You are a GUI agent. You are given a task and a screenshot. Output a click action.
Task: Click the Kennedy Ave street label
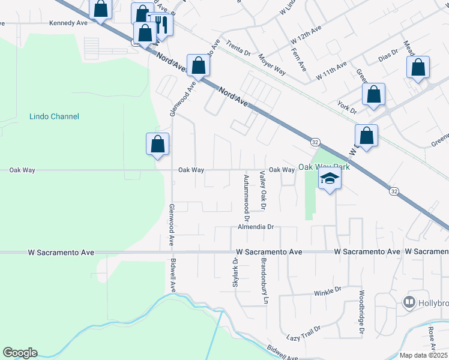(68, 23)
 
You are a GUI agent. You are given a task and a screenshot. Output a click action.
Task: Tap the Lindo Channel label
(54, 116)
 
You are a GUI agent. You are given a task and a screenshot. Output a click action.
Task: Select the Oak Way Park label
(324, 167)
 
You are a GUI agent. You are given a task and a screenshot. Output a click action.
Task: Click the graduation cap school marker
(329, 179)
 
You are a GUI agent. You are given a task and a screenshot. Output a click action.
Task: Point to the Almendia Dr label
(255, 227)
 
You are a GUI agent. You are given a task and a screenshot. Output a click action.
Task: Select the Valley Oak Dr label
(262, 190)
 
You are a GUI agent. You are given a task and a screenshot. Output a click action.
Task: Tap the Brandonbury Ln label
(262, 277)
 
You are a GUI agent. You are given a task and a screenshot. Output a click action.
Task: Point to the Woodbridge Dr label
(362, 313)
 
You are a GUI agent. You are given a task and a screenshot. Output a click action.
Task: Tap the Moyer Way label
(271, 63)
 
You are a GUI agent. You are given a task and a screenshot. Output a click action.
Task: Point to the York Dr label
(347, 107)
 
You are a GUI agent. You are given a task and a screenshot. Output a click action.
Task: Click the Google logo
(20, 353)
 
